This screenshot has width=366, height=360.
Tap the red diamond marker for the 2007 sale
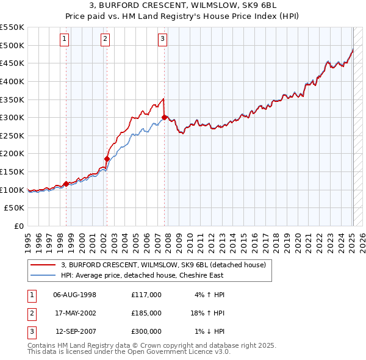click(x=165, y=117)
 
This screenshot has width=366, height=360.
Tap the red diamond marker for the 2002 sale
click(x=107, y=159)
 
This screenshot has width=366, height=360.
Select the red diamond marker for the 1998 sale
click(x=66, y=183)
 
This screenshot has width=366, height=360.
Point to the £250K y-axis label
click(x=12, y=135)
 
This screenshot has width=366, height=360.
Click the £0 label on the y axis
click(x=18, y=226)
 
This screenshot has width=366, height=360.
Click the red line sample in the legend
click(x=43, y=265)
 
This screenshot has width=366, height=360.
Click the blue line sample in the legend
click(x=43, y=275)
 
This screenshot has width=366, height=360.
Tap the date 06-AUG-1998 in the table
click(x=75, y=295)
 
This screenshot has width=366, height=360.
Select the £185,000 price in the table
click(x=146, y=313)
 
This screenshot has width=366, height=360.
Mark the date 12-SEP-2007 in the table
click(x=75, y=331)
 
